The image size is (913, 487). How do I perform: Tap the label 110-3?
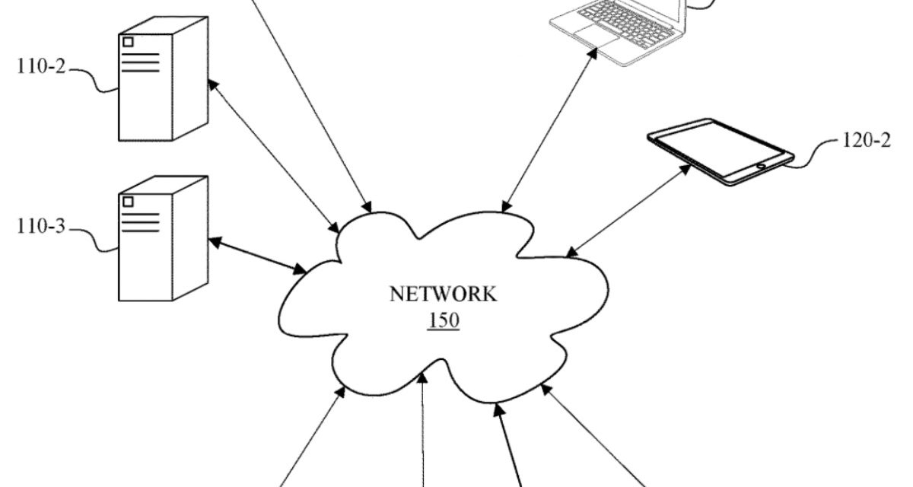[x=43, y=228]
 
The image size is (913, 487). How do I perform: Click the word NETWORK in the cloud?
[x=443, y=294]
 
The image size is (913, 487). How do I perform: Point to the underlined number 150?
[x=444, y=320]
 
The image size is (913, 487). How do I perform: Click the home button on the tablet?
[x=761, y=164]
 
